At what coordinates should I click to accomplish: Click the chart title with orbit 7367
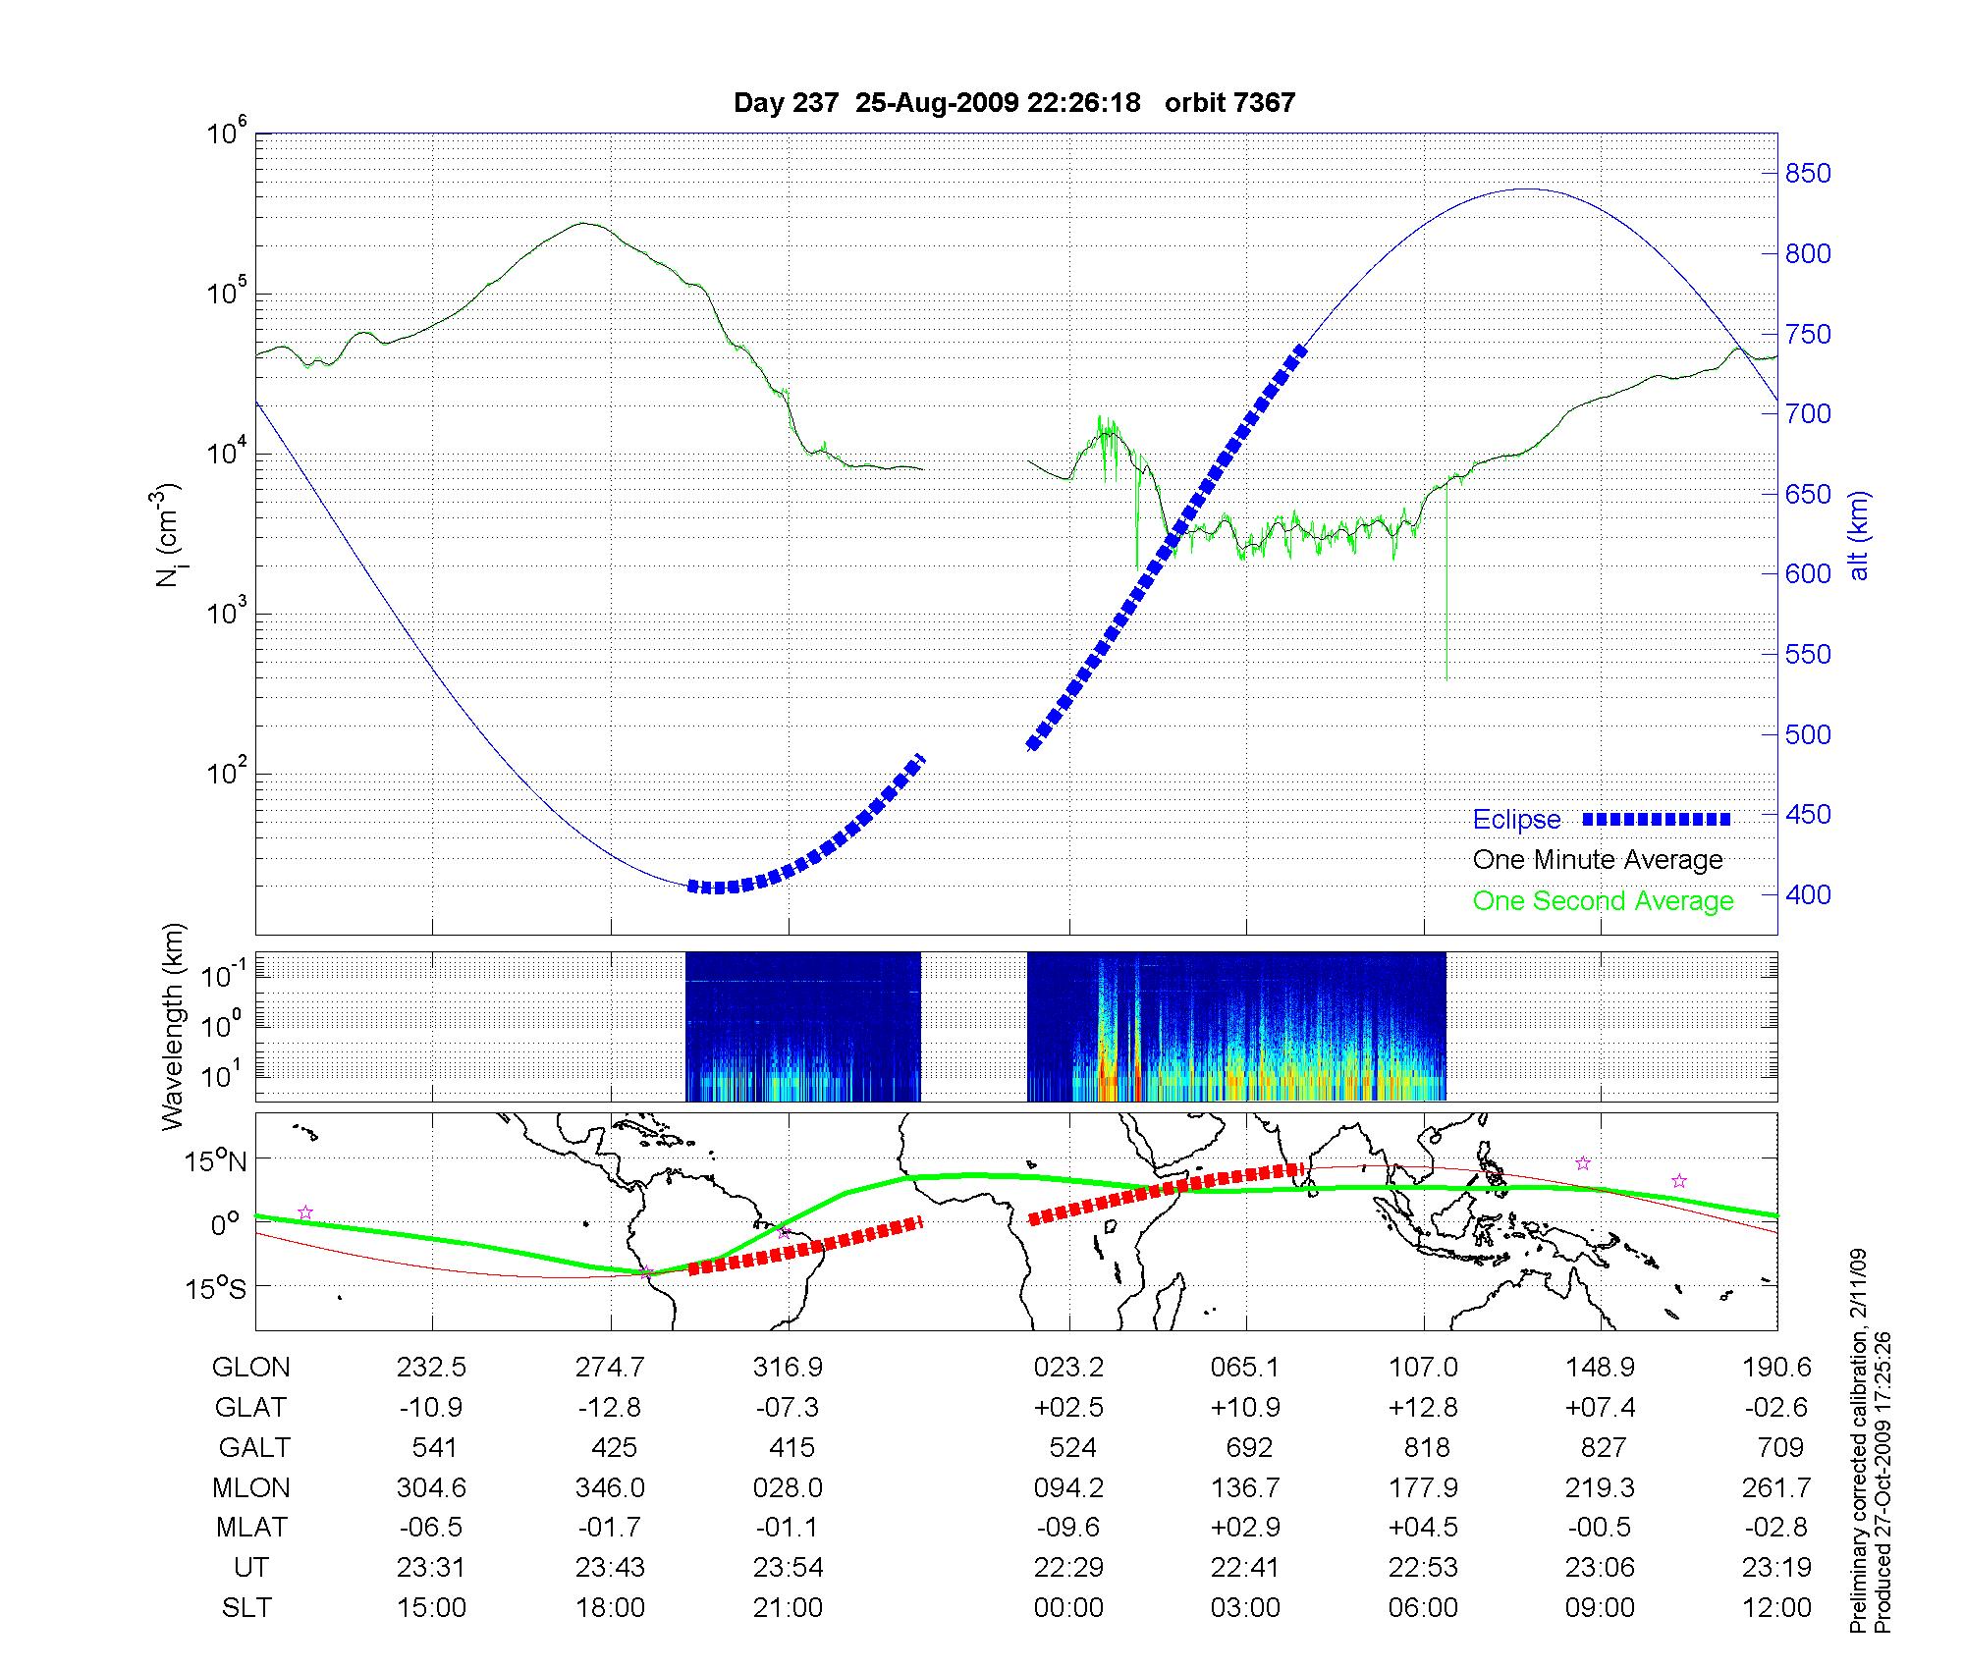pyautogui.click(x=1014, y=102)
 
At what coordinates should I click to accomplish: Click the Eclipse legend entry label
pyautogui.click(x=1516, y=820)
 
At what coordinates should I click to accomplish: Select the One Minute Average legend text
pyautogui.click(x=1598, y=860)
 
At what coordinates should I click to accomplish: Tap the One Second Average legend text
pyautogui.click(x=1603, y=901)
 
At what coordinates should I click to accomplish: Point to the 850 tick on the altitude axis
pyautogui.click(x=1808, y=174)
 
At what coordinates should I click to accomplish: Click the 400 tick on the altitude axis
pyautogui.click(x=1808, y=894)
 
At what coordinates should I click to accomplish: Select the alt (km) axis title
pyautogui.click(x=1859, y=535)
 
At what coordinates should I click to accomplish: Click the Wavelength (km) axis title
pyautogui.click(x=173, y=1027)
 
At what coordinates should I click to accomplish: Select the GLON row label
pyautogui.click(x=251, y=1368)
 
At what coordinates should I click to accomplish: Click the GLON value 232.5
pyautogui.click(x=431, y=1368)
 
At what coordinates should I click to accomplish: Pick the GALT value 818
pyautogui.click(x=1427, y=1447)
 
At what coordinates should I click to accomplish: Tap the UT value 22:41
pyautogui.click(x=1245, y=1567)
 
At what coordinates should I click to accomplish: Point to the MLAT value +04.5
pyautogui.click(x=1423, y=1528)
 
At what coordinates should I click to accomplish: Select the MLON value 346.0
pyautogui.click(x=610, y=1487)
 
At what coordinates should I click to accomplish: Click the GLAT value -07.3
pyautogui.click(x=788, y=1408)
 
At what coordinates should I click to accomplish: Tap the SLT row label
pyautogui.click(x=246, y=1607)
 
